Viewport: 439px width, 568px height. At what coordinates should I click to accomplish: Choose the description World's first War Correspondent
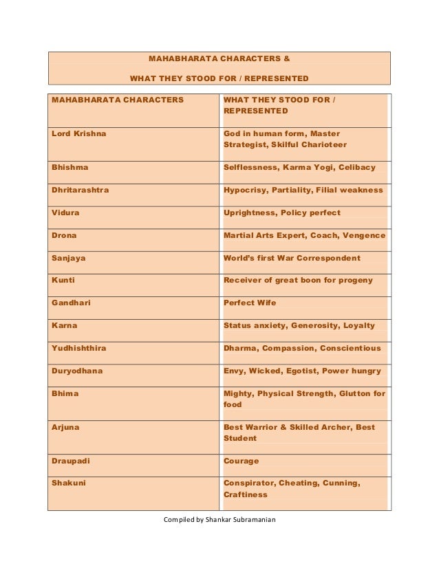pyautogui.click(x=292, y=258)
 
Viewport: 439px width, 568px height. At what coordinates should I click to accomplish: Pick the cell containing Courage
pyautogui.click(x=242, y=461)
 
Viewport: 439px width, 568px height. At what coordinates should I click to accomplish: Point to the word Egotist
pyautogui.click(x=298, y=371)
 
